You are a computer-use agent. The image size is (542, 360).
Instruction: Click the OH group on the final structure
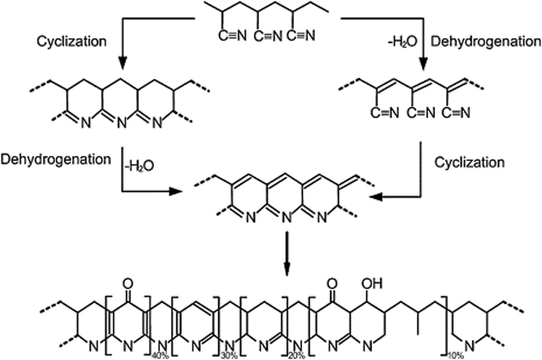tap(373, 284)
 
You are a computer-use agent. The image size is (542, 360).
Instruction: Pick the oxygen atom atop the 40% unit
tap(128, 284)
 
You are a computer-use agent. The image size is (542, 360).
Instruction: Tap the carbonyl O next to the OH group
tap(333, 284)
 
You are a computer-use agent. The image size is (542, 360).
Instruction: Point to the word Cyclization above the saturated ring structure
tap(71, 42)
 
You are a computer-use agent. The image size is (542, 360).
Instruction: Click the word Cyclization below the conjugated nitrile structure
tap(469, 162)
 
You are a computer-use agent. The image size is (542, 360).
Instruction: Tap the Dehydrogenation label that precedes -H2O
tap(56, 159)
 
